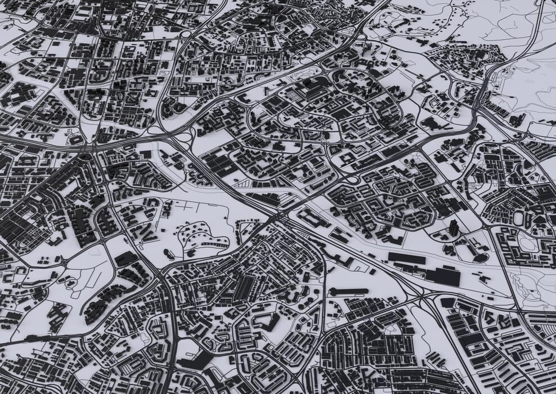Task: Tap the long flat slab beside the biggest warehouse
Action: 407,258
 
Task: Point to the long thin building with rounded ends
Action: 349,291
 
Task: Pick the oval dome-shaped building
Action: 479,257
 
